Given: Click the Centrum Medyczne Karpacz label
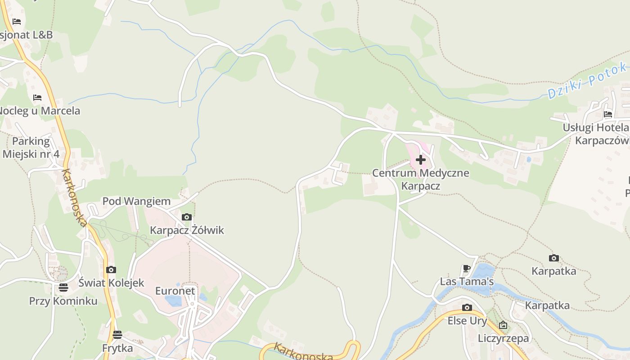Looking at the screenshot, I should click(421, 179).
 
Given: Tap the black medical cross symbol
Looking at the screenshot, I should click(421, 160).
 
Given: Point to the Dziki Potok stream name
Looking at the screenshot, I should click(587, 81).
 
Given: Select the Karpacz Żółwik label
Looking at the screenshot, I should click(187, 230).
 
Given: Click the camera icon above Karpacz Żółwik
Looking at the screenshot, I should click(186, 217).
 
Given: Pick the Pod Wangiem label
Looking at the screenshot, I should click(136, 201).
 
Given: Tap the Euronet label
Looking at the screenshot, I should click(175, 291).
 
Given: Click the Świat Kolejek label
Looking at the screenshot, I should click(111, 283).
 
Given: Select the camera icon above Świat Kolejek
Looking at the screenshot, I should click(111, 270).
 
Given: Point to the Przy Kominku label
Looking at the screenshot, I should click(63, 301).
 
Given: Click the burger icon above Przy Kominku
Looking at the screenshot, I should click(63, 287).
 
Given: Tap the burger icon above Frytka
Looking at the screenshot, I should click(117, 335).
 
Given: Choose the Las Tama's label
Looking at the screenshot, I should click(467, 282).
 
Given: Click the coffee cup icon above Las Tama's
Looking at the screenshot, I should click(467, 269).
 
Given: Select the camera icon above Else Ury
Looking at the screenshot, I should click(467, 308).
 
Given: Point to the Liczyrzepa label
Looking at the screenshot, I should click(503, 338).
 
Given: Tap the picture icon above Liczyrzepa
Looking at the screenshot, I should click(503, 325).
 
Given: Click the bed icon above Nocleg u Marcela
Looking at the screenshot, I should click(37, 98).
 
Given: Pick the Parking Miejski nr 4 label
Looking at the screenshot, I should click(31, 147).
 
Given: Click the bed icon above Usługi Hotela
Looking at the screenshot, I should click(608, 114).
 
